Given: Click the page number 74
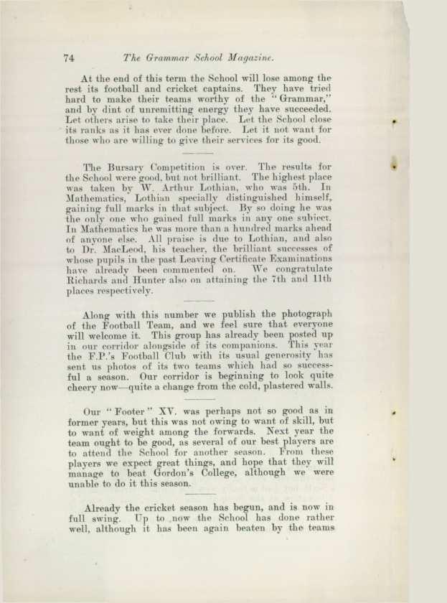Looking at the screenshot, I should coord(70,57).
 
